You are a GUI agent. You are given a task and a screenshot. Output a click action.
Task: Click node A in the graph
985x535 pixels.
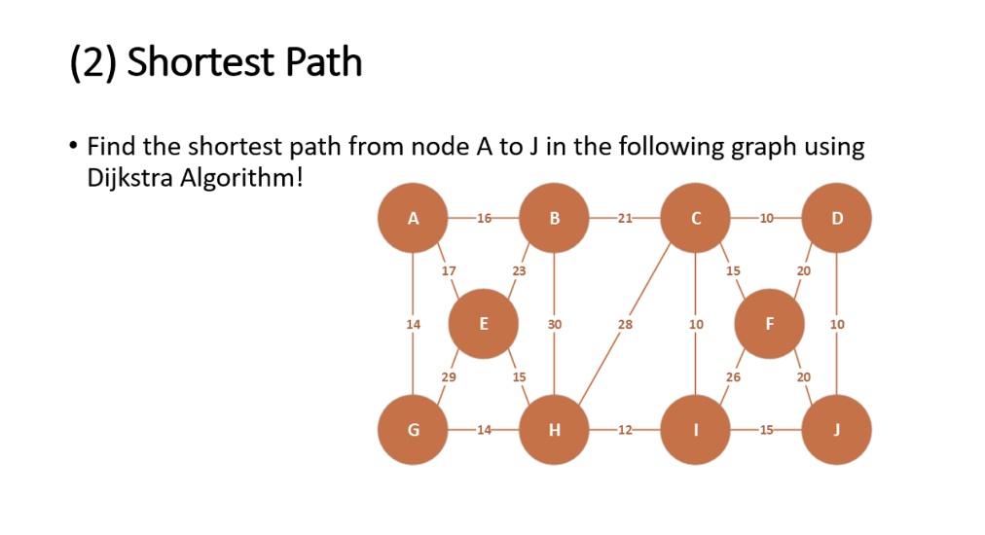point(413,218)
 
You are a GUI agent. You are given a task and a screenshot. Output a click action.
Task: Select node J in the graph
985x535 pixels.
point(837,430)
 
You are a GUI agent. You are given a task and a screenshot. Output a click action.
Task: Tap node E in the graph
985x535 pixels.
point(483,324)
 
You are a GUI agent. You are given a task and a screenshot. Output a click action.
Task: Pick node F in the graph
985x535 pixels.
point(770,324)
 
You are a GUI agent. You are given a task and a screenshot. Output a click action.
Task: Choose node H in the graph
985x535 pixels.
point(554,430)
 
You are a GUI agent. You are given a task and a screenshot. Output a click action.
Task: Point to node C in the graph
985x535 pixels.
point(695,218)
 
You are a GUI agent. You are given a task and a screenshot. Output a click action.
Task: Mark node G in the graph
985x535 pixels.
point(413,430)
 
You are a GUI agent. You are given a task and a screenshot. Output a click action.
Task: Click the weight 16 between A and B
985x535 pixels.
point(484,219)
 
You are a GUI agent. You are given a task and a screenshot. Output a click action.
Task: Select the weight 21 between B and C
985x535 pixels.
point(625,219)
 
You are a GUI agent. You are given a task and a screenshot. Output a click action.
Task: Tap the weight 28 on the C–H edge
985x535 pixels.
point(625,325)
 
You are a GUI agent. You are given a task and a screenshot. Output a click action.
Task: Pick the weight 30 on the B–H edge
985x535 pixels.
point(554,325)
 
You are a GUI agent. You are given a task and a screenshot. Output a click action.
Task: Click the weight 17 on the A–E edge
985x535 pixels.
point(449,271)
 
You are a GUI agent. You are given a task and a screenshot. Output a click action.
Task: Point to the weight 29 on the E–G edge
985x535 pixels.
point(449,377)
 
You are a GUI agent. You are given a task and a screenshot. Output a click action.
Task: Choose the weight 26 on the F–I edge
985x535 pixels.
point(733,377)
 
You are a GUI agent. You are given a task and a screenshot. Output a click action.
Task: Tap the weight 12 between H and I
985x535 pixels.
point(625,430)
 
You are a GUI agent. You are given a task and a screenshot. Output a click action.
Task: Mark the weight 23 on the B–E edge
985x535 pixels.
point(519,271)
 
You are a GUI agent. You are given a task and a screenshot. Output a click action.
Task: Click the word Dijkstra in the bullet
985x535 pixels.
point(129,178)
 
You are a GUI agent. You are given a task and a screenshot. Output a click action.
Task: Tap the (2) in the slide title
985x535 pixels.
point(93,63)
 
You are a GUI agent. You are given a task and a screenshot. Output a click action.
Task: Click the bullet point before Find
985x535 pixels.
point(74,146)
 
